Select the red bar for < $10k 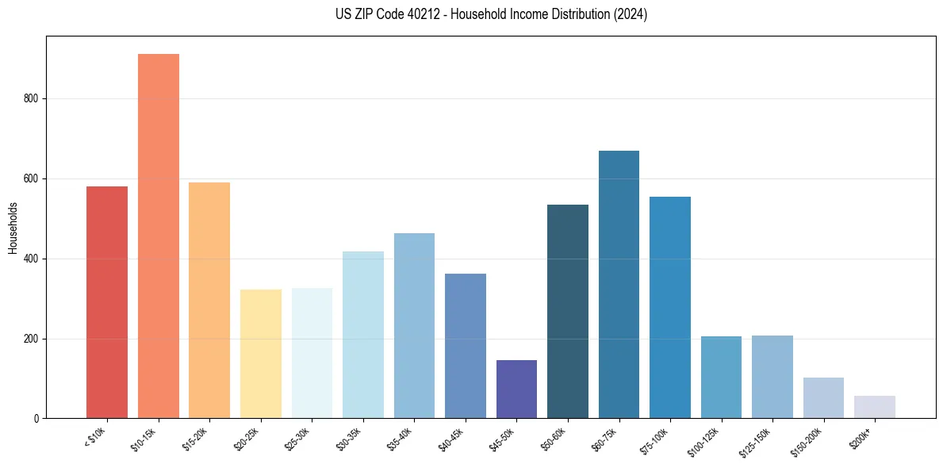click(x=107, y=302)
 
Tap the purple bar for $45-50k click(x=516, y=389)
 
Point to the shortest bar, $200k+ click(x=875, y=407)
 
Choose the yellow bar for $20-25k click(x=261, y=354)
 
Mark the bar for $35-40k click(x=414, y=325)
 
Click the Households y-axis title click(x=13, y=227)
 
